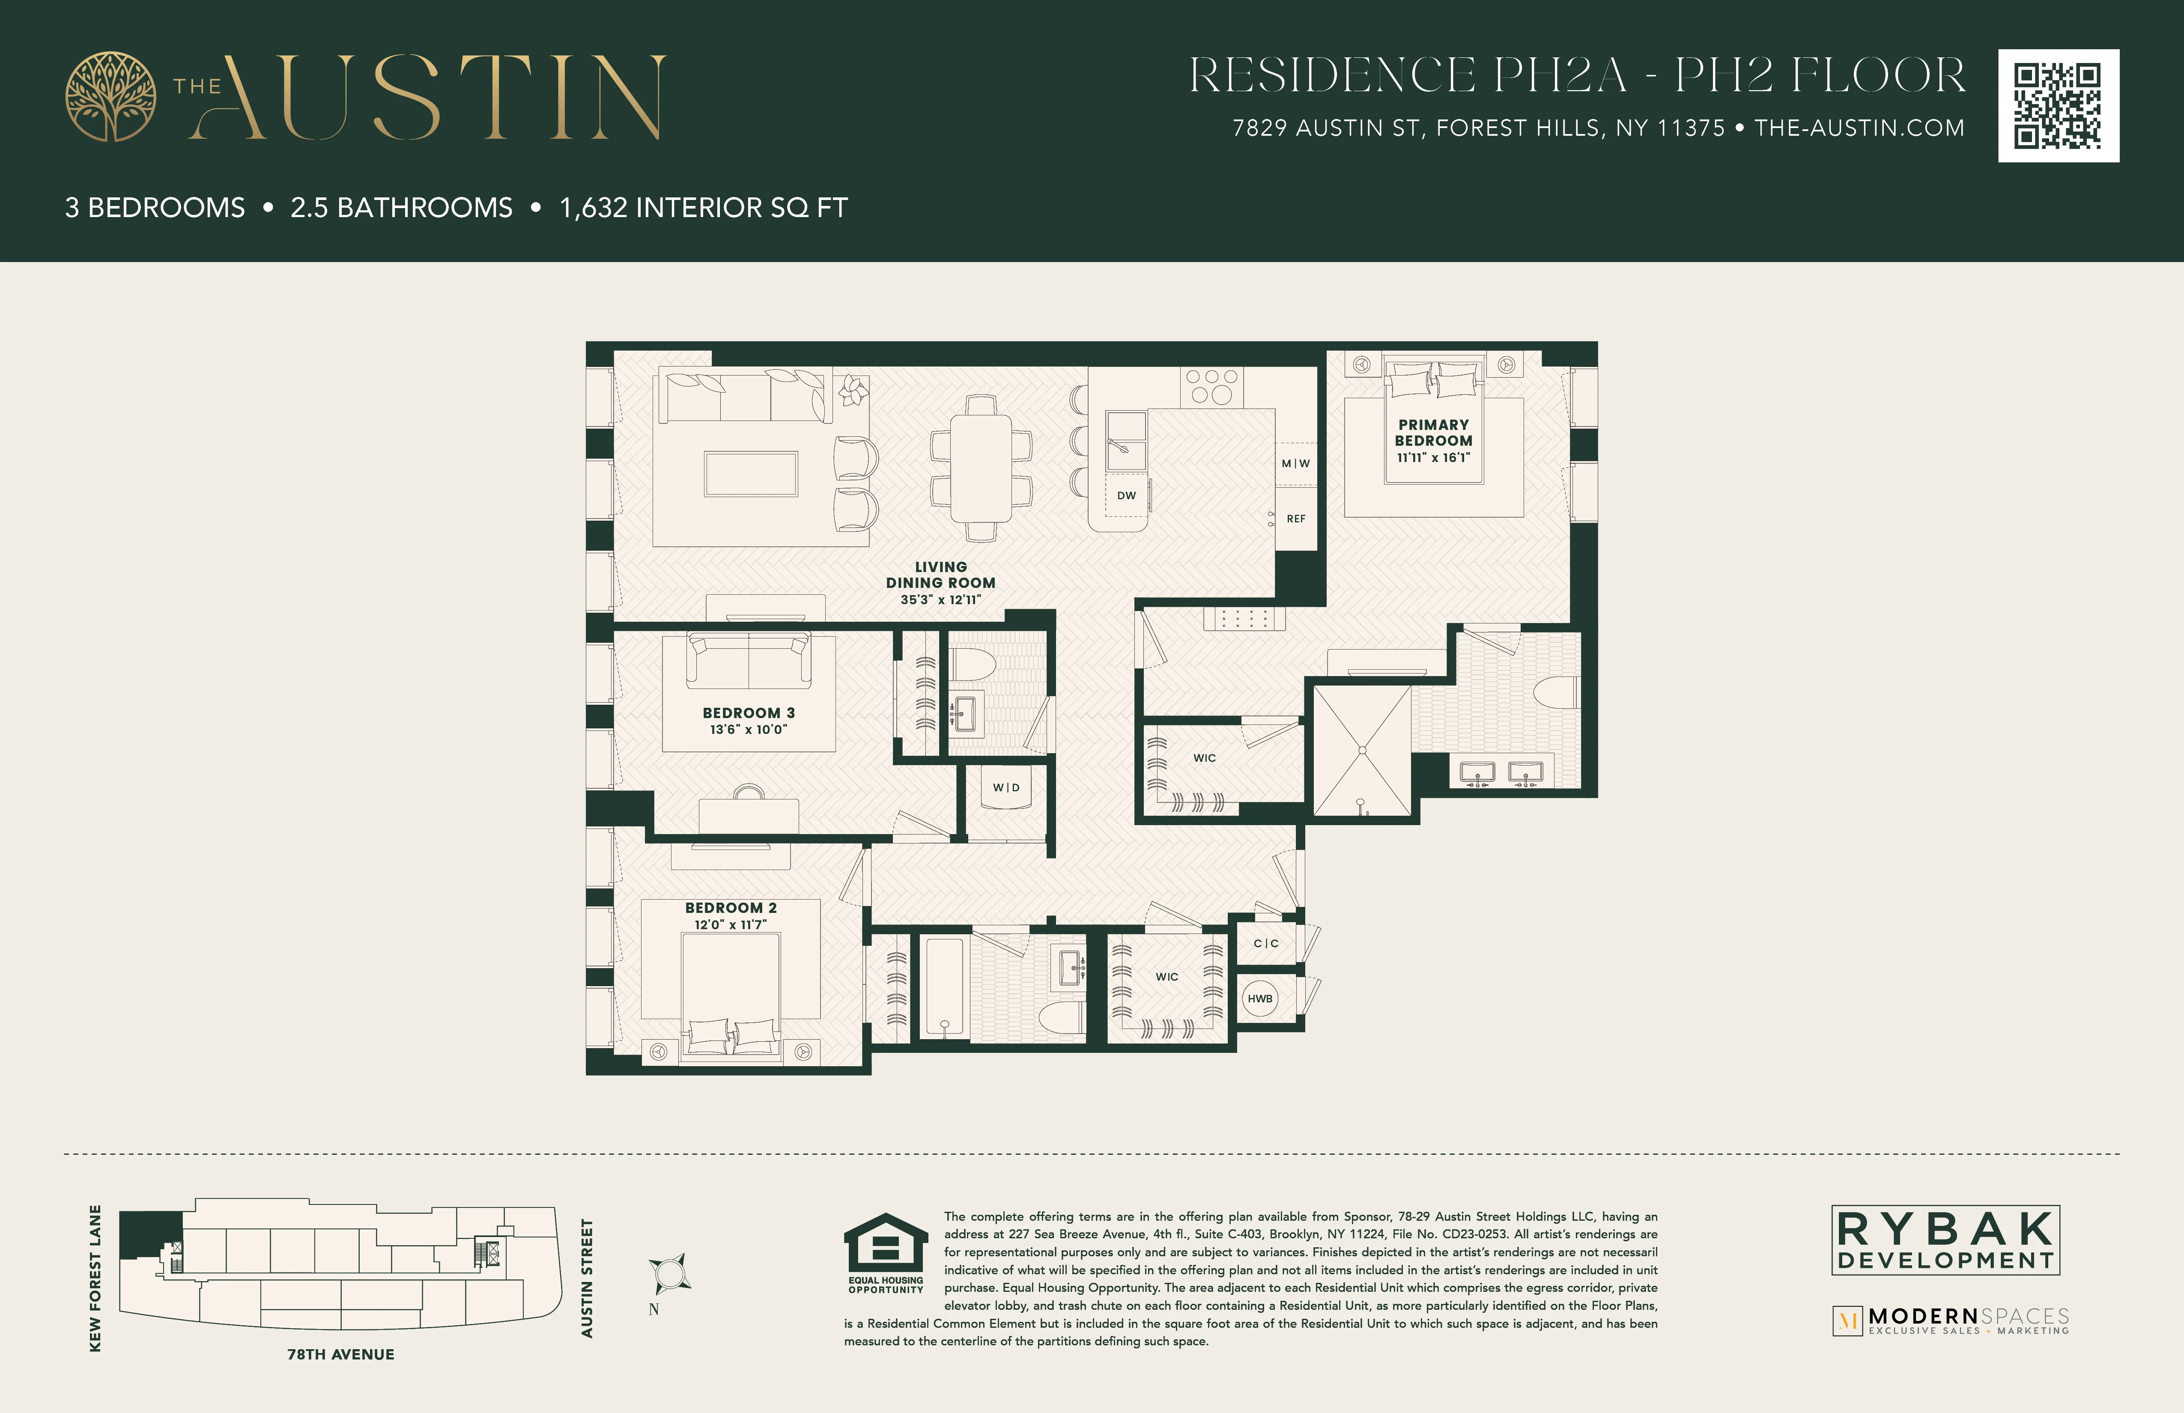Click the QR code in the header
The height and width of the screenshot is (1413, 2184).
(2058, 105)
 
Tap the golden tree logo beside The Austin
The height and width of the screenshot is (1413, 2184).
(110, 96)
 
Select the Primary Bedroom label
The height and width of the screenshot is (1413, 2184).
(1433, 432)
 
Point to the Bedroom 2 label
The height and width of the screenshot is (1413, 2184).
(731, 907)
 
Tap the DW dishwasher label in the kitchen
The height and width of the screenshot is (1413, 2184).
(1126, 495)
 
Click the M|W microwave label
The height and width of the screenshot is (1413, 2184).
(1296, 463)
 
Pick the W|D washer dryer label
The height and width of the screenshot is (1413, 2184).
(1006, 787)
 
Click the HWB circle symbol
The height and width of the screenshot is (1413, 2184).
(1260, 998)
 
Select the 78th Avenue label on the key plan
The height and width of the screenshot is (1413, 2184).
(340, 1354)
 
